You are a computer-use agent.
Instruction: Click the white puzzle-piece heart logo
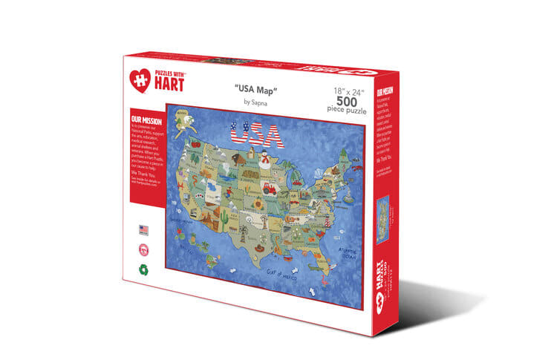pyautogui.click(x=141, y=77)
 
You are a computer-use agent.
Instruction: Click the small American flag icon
pyautogui.click(x=143, y=230)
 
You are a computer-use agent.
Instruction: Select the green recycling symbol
pyautogui.click(x=143, y=270)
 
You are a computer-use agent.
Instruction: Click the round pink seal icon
pyautogui.click(x=143, y=250)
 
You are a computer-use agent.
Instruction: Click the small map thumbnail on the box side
pyautogui.click(x=382, y=219)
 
